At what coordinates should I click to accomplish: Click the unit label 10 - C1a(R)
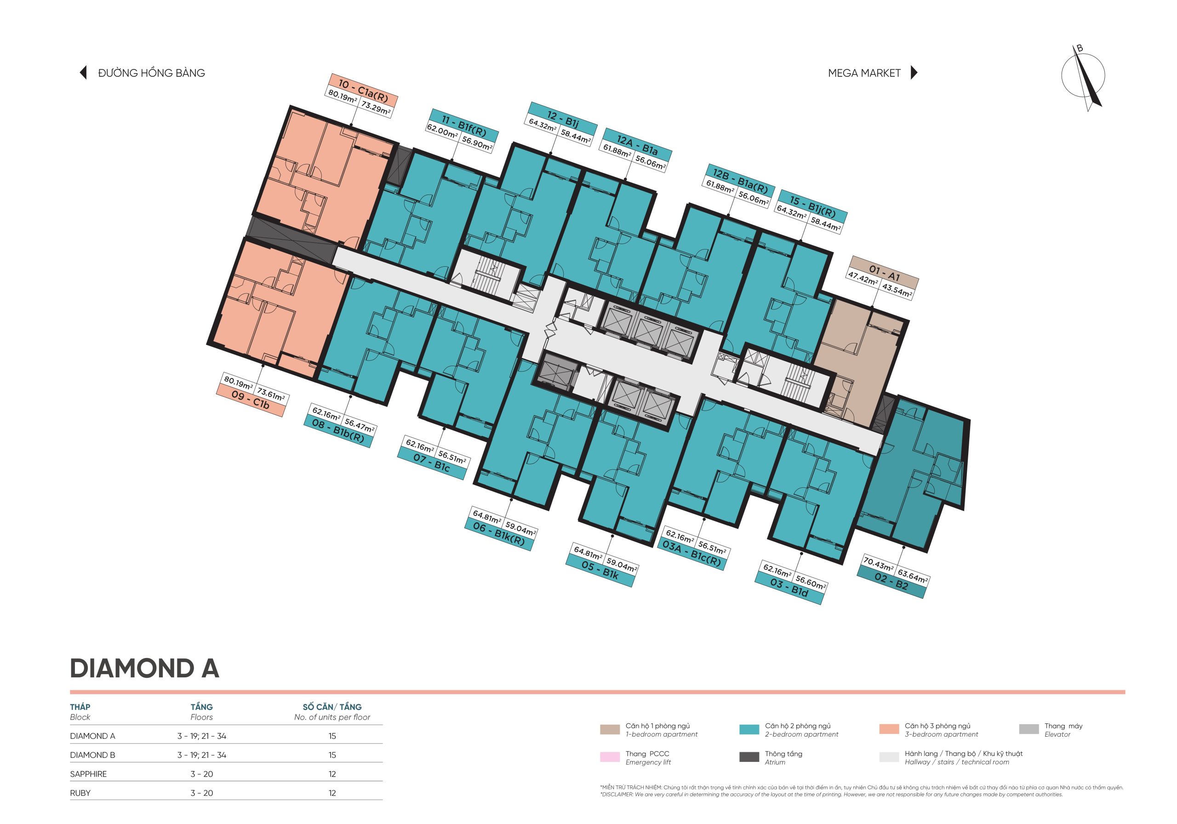(363, 91)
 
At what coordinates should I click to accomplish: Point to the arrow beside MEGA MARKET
(914, 72)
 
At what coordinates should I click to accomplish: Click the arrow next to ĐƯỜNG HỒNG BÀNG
(83, 72)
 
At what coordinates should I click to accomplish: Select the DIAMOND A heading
(144, 668)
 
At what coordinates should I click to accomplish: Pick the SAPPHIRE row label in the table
(88, 774)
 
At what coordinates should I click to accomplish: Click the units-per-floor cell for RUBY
(332, 793)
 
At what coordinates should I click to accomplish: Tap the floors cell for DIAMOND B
(201, 755)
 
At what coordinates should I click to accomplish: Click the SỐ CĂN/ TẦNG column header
(332, 707)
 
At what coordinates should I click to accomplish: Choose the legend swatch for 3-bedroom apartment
(888, 729)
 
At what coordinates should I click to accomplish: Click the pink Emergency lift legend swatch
(610, 757)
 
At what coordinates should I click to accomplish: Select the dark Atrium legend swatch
(749, 757)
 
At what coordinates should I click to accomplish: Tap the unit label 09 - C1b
(250, 400)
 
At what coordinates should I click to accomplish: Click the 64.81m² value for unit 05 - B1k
(588, 553)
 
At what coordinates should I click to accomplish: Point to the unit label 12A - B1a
(637, 145)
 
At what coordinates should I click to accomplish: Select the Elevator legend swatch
(1028, 729)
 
